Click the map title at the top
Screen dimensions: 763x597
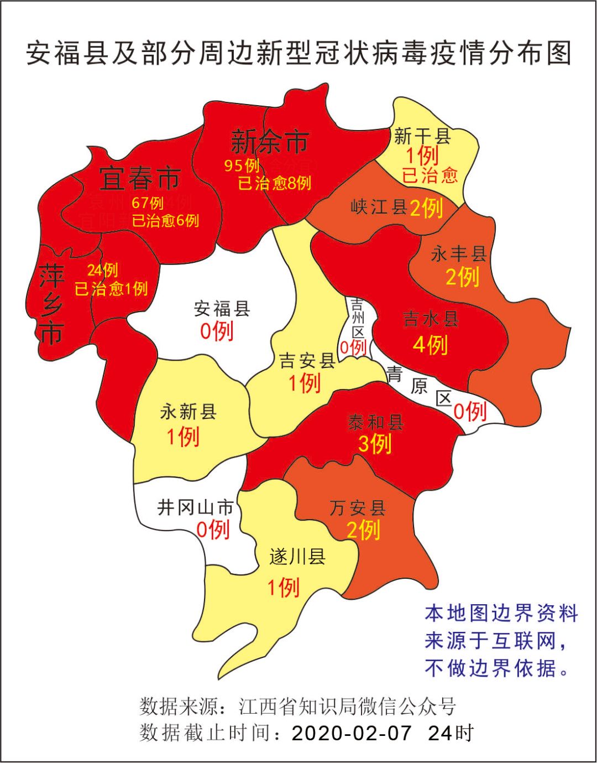pos(298,54)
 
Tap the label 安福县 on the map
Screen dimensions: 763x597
pos(222,308)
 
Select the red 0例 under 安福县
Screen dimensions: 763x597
pos(216,331)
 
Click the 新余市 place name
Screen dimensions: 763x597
pos(269,142)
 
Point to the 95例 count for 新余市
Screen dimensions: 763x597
pos(242,165)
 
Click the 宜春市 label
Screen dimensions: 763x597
pos(140,178)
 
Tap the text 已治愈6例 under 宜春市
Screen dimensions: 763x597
pos(165,220)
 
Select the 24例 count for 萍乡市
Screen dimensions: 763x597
pos(102,270)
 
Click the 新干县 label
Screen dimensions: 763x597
pos(422,136)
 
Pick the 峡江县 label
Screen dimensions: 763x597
pos(379,207)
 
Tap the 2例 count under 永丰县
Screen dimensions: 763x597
pos(462,277)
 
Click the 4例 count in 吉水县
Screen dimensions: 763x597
pos(430,345)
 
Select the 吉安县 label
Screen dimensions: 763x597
pos(307,361)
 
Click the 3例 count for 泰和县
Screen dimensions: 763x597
pos(375,443)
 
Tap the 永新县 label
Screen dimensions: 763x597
pos(188,412)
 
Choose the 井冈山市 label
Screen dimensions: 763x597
pos(195,507)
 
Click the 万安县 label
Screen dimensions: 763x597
pos(357,507)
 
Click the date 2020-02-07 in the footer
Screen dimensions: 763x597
pos(352,733)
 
